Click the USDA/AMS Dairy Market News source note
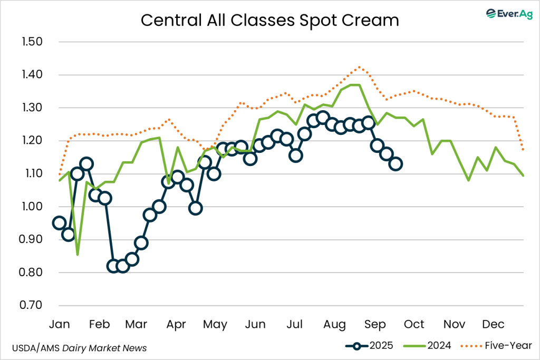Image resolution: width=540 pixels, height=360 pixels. (x=79, y=348)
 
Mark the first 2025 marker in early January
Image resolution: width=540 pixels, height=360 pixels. (x=60, y=223)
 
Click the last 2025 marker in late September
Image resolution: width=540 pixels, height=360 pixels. (x=396, y=164)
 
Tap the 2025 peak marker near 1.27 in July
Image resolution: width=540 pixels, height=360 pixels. (x=323, y=117)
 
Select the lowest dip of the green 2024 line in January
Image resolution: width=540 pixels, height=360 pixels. (x=78, y=255)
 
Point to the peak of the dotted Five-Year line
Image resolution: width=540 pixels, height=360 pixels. (x=359, y=67)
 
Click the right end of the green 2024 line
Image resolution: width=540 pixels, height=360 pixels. (x=523, y=176)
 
